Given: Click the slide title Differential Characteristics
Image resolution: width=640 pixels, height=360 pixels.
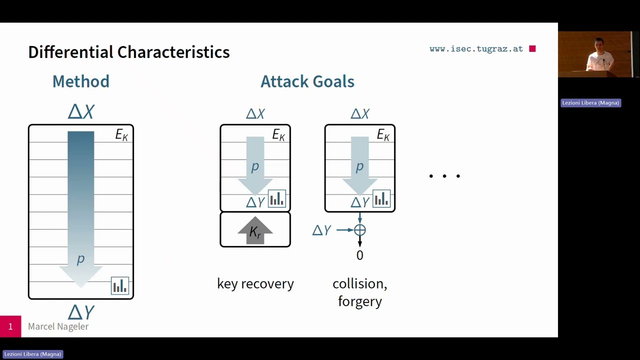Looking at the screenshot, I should tap(128, 52).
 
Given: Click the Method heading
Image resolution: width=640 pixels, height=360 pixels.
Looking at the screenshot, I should tap(80, 81).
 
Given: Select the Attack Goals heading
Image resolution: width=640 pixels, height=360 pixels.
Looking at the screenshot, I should tap(307, 81).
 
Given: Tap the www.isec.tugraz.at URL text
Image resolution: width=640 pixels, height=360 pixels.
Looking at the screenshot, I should tap(475, 49).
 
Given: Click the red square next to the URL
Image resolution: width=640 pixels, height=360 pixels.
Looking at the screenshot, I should tap(532, 48).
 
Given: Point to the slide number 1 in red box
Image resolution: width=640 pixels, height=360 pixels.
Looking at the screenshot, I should tap(10, 326).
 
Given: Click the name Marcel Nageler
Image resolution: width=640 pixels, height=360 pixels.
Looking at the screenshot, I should tap(58, 326).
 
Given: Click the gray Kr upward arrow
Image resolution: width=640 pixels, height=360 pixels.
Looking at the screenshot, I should tap(255, 231).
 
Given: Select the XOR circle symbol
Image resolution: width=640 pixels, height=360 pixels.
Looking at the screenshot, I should tap(360, 230).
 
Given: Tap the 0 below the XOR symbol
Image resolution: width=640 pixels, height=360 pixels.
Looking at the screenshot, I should tap(359, 255).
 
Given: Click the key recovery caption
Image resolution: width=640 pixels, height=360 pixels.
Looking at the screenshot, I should tap(255, 284).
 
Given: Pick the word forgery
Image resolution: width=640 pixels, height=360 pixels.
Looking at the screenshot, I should tap(359, 301).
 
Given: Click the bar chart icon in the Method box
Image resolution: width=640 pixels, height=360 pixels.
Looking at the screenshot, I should tap(120, 286).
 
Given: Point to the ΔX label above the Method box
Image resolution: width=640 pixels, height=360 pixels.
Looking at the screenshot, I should tap(81, 111).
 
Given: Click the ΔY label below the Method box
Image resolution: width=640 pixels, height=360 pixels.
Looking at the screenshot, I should tap(81, 312).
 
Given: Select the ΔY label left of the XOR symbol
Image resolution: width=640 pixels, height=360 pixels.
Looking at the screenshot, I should tap(321, 230).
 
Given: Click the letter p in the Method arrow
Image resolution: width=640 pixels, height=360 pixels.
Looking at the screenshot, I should tap(80, 259).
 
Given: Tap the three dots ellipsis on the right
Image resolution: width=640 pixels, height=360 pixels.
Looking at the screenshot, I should tap(444, 176).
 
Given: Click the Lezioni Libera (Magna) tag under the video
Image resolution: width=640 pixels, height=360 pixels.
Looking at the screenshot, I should tap(590, 103).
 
